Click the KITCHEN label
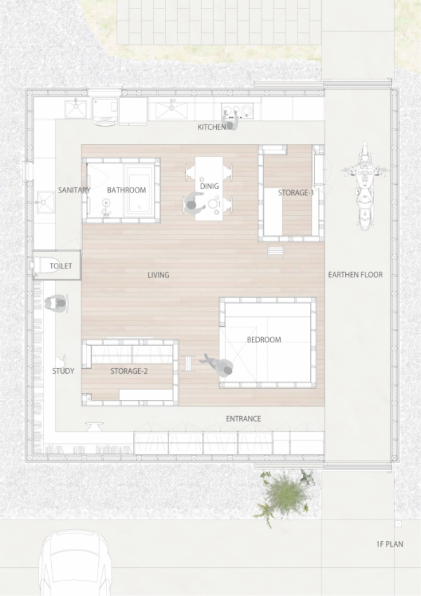(211, 127)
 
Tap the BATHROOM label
(126, 190)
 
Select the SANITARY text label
(74, 190)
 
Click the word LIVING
(159, 275)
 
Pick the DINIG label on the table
(209, 186)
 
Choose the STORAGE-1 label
(295, 192)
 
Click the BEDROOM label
(264, 340)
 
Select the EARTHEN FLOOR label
(355, 275)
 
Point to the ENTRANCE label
(243, 419)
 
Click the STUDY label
(63, 371)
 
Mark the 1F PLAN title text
(389, 544)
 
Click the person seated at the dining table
(193, 204)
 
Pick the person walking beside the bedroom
(219, 365)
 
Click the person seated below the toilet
(57, 304)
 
